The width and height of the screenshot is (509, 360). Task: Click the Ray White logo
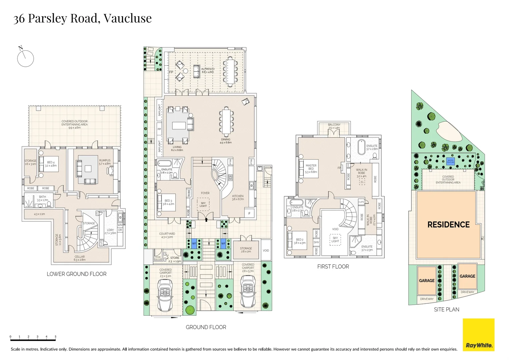click(478, 335)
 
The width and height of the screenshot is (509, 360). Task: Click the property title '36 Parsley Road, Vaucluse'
click(82, 18)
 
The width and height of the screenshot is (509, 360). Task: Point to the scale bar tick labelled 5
click(55, 337)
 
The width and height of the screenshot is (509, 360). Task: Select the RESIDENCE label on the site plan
click(448, 225)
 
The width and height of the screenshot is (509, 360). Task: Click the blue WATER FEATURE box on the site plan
click(450, 162)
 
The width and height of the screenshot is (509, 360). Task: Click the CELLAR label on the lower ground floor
click(80, 257)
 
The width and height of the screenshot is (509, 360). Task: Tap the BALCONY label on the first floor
click(334, 125)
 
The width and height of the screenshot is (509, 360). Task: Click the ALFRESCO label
click(208, 69)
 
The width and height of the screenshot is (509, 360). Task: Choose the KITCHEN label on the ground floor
click(238, 196)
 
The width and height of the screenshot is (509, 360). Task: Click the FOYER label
click(205, 193)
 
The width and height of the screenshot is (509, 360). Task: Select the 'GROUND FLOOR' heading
click(206, 327)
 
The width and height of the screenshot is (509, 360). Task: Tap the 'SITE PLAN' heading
click(446, 310)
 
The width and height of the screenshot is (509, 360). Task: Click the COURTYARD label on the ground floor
click(167, 234)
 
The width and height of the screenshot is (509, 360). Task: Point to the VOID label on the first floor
click(335, 229)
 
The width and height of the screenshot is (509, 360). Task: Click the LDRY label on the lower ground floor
click(110, 230)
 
